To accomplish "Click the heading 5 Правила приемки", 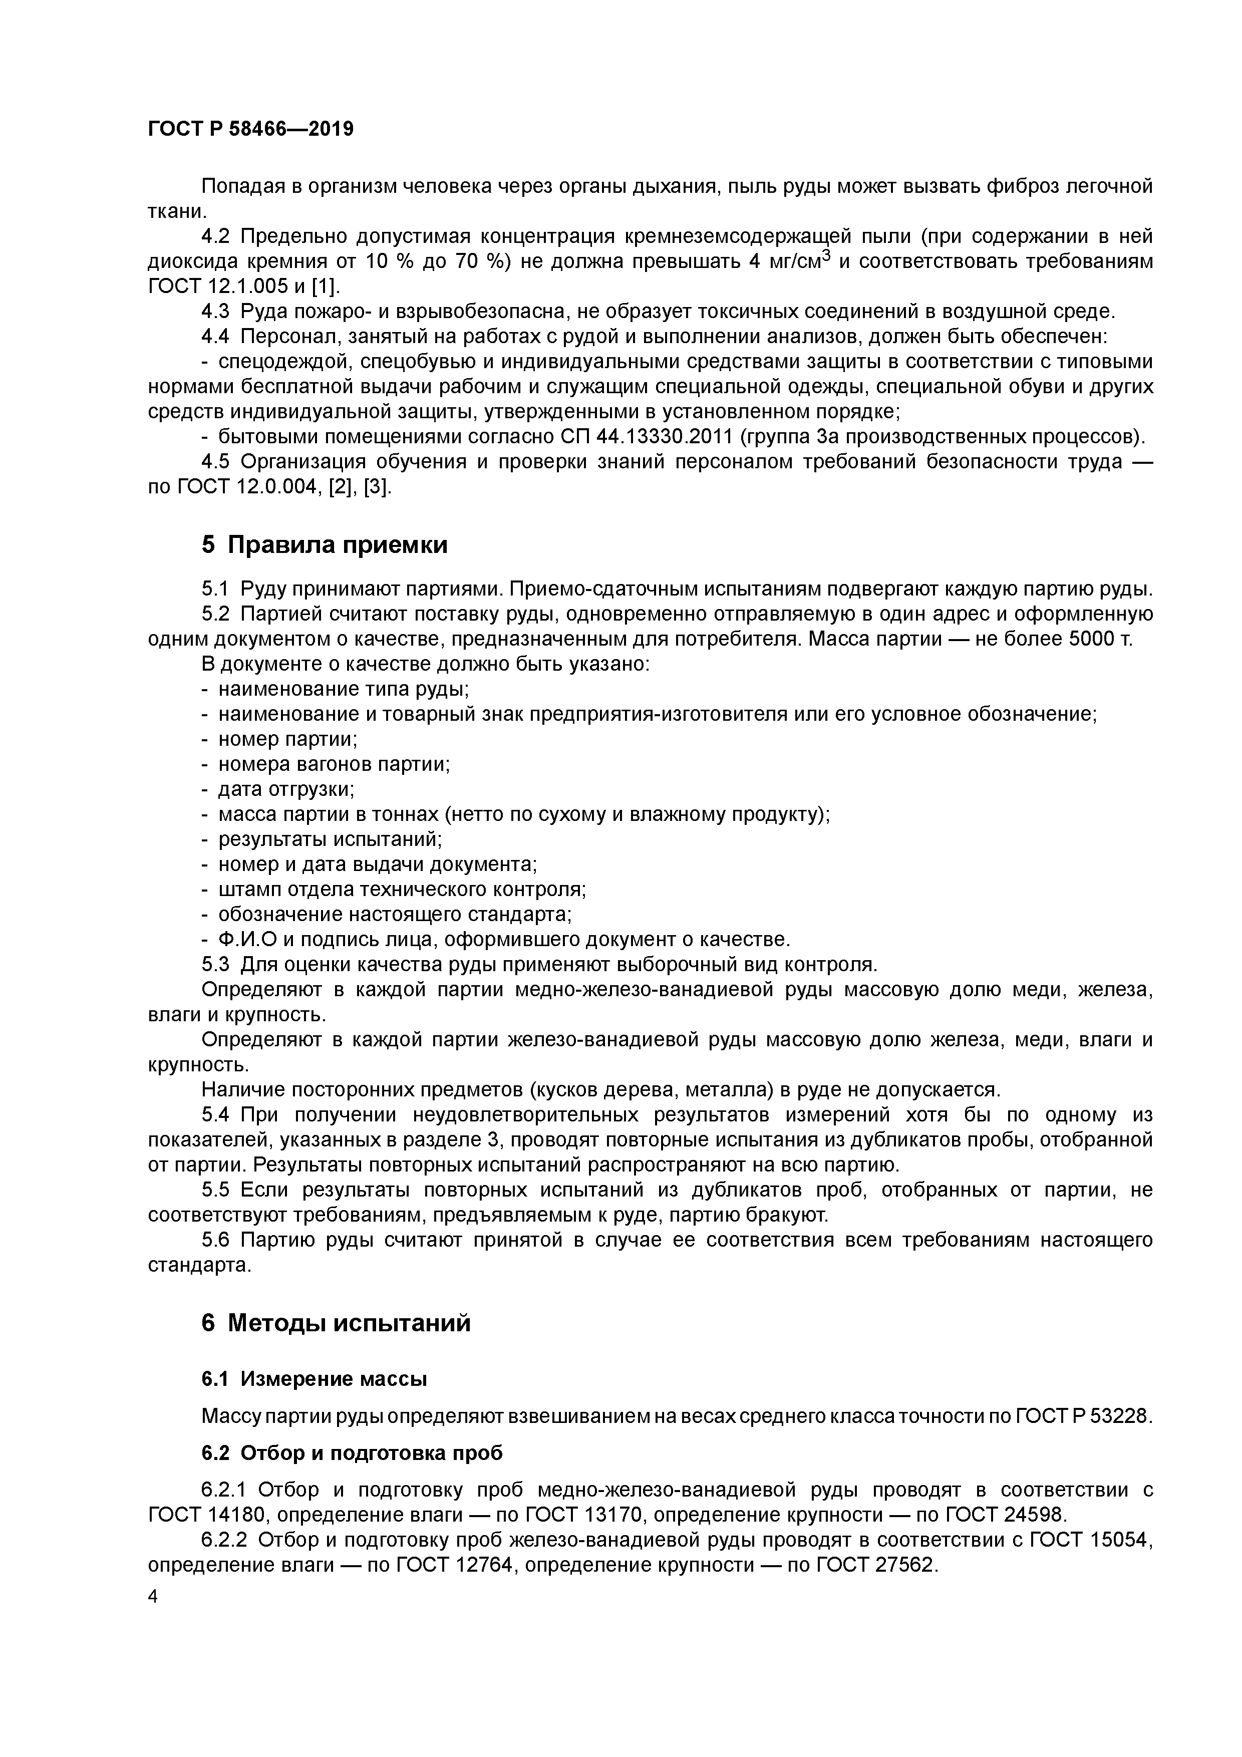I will (x=325, y=545).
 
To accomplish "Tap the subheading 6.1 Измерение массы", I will (x=314, y=1379).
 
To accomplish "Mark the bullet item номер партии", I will (x=288, y=739).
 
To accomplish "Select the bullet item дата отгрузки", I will (x=286, y=789).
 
